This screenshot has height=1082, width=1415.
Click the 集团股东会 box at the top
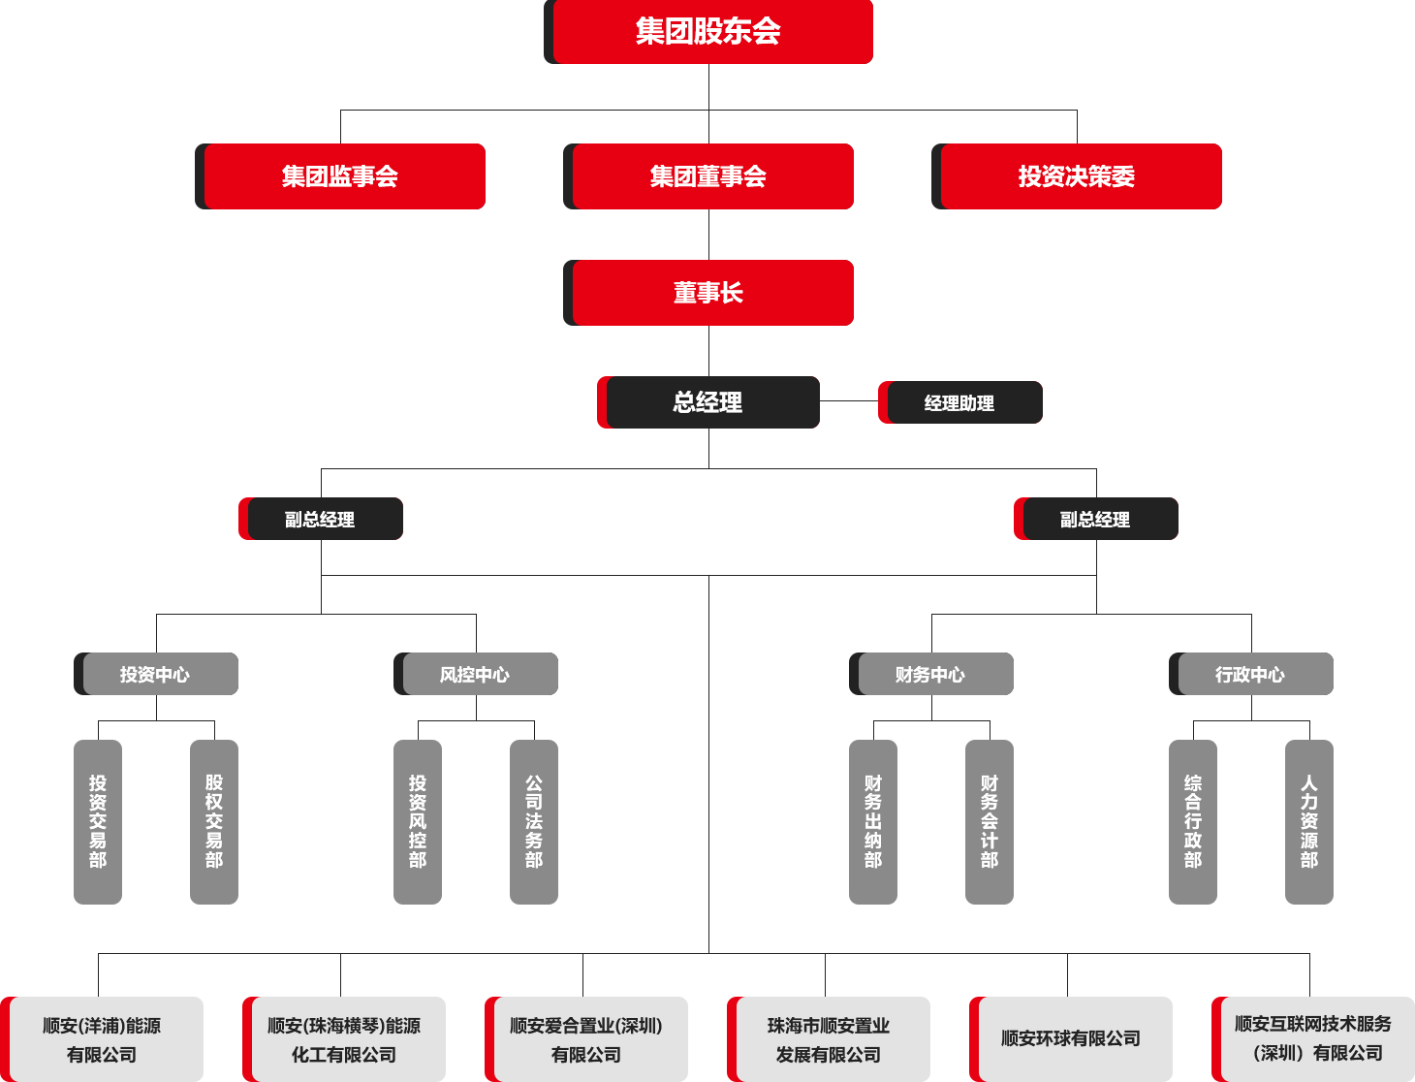tap(708, 32)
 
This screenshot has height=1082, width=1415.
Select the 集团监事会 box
tap(340, 176)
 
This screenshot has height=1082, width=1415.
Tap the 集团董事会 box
tap(708, 176)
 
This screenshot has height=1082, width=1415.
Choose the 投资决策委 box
tap(1077, 176)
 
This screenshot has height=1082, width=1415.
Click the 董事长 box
tap(708, 293)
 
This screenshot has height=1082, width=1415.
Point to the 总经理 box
tap(708, 402)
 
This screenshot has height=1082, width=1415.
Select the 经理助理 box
tap(960, 402)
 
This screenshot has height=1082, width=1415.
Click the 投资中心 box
tap(156, 674)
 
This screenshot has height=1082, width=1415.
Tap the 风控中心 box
tap(476, 674)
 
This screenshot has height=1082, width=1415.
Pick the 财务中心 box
tap(931, 674)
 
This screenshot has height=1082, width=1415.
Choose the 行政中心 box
tap(1251, 674)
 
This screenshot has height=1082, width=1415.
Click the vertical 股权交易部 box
tap(214, 822)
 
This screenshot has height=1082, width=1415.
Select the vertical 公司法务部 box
tap(534, 822)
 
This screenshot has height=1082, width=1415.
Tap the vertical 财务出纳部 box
tap(873, 822)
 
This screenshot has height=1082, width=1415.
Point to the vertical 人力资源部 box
tap(1309, 822)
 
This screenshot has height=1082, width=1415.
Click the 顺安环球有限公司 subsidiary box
tap(1071, 1038)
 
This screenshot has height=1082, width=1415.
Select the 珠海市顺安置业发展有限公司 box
tap(829, 1038)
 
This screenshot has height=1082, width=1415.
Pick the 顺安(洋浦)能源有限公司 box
tap(102, 1038)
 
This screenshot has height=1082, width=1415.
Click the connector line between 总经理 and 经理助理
tap(849, 401)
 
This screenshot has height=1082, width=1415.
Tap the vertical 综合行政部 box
tap(1193, 822)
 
